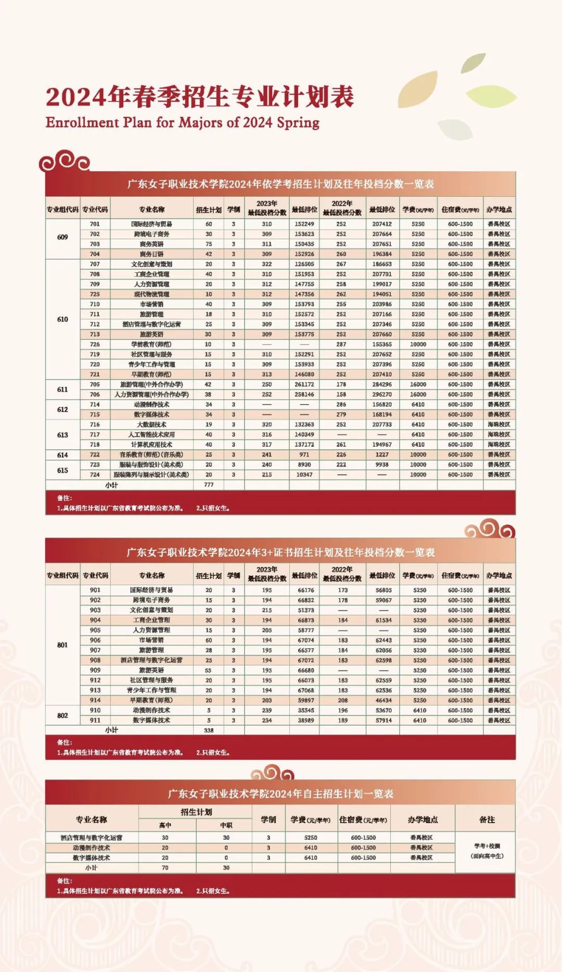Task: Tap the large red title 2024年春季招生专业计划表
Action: tap(200, 97)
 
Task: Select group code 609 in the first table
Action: tap(62, 237)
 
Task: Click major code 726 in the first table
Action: tap(95, 345)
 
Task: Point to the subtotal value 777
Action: tap(209, 485)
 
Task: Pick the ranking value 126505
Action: tap(304, 264)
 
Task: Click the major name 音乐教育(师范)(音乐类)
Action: tap(151, 455)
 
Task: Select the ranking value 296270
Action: tap(382, 395)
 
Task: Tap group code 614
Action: tap(62, 455)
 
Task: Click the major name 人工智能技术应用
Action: tap(151, 435)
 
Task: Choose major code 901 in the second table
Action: tap(95, 590)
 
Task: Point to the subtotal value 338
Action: tap(209, 730)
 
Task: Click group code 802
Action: tap(62, 715)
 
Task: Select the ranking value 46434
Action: tap(384, 701)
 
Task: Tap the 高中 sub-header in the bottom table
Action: tap(165, 825)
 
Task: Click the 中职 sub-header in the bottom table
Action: tap(226, 825)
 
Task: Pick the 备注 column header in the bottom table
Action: tap(487, 819)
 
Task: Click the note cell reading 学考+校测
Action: tap(487, 846)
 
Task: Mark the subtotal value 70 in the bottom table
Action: tap(165, 868)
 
